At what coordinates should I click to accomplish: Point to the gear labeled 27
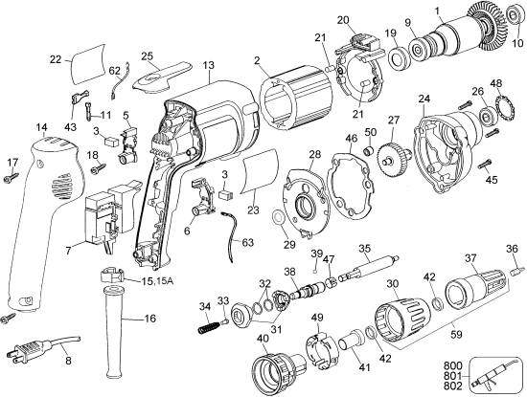point(391,156)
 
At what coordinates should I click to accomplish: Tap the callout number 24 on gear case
point(425,99)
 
